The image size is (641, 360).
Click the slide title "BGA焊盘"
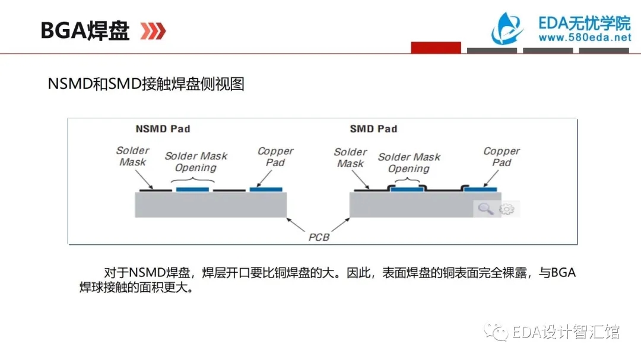coord(85,31)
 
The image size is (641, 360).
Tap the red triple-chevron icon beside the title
coord(153,31)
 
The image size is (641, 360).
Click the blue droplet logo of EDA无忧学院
coord(507,28)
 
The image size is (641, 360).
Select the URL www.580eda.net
coord(585,37)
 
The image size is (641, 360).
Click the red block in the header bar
coord(436,47)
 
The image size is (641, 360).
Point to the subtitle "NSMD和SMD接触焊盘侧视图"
coord(146,84)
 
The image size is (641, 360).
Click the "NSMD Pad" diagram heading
coord(163,129)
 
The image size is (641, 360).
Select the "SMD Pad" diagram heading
coord(373,129)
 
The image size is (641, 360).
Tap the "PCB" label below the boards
coord(319,237)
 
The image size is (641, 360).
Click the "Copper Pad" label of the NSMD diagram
coord(275,157)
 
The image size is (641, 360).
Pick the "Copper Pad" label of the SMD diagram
coord(501,157)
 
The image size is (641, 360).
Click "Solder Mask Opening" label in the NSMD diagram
coord(196,162)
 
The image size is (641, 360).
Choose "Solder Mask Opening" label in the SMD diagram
coord(409,163)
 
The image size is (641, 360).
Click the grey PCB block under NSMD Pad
coord(211,205)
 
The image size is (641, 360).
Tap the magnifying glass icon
coord(485,209)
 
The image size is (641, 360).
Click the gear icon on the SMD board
coord(507,209)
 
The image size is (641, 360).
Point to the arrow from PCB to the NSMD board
coord(296,225)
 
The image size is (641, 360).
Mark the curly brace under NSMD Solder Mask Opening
coord(192,180)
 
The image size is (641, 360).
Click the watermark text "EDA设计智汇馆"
coord(566,332)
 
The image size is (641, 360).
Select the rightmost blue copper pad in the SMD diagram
coord(481,190)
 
